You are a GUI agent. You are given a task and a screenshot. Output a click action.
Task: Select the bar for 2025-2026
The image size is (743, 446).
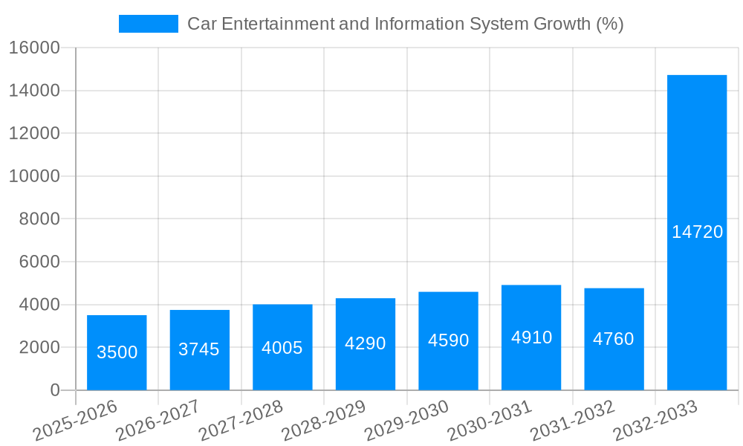click(x=117, y=352)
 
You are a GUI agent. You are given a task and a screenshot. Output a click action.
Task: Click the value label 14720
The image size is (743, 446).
click(x=697, y=232)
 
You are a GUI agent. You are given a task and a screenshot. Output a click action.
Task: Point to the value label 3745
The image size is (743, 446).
click(x=199, y=349)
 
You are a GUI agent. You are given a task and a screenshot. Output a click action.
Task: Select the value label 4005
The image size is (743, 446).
click(x=282, y=348)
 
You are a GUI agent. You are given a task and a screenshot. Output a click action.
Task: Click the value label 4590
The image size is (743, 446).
click(x=448, y=340)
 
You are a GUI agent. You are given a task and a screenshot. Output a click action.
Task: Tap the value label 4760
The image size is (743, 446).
click(x=614, y=339)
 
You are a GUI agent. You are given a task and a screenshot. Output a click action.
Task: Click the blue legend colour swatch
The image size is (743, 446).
click(x=149, y=24)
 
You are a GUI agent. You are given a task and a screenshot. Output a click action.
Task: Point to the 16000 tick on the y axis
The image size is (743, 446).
click(x=34, y=48)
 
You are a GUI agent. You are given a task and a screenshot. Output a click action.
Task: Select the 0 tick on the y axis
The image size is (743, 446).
click(x=54, y=390)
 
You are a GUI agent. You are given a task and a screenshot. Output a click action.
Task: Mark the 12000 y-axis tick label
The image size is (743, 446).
click(x=34, y=134)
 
